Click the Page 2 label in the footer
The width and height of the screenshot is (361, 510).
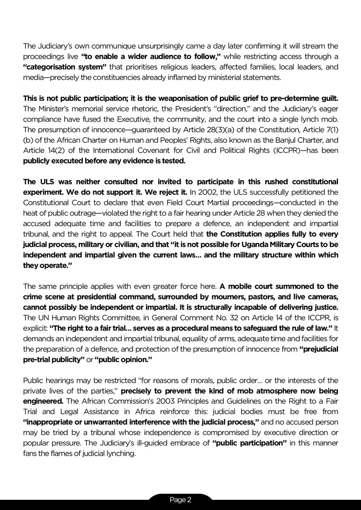point(180,500)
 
